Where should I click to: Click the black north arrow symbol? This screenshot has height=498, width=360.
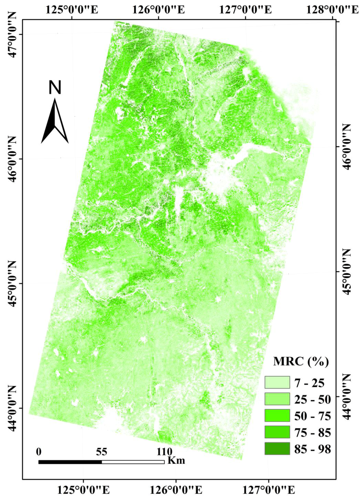[x=55, y=121]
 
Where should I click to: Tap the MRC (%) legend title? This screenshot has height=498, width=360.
[x=301, y=361]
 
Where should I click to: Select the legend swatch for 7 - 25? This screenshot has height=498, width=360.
[x=277, y=382]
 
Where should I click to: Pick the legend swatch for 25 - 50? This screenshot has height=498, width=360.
[x=277, y=399]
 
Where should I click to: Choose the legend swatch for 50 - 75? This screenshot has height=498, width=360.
[x=277, y=415]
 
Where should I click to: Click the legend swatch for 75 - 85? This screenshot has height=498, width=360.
[x=277, y=432]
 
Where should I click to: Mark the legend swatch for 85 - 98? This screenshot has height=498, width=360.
[x=277, y=448]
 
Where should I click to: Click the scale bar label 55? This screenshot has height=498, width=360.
[x=101, y=452]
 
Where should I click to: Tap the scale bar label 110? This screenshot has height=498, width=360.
[x=164, y=452]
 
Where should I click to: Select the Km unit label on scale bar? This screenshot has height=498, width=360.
[x=176, y=460]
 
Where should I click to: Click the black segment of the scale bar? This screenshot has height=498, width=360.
[x=70, y=462]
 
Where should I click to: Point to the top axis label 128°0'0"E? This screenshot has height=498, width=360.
[x=332, y=9]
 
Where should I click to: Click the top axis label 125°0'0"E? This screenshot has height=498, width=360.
[x=72, y=9]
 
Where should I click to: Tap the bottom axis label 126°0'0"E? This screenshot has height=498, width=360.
[x=176, y=490]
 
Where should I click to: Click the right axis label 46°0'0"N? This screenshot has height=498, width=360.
[x=347, y=147]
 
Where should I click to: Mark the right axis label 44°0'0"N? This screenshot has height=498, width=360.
[x=347, y=396]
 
